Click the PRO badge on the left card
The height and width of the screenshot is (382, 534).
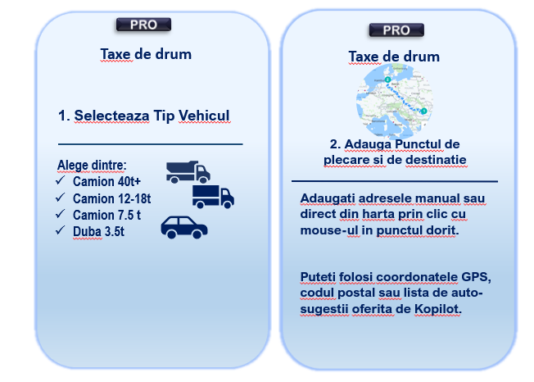(x=143, y=25)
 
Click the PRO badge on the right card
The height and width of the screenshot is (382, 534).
(x=396, y=30)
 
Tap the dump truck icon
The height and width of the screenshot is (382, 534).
(x=188, y=172)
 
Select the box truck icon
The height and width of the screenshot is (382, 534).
(x=213, y=197)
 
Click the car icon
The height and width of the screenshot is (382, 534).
(x=184, y=227)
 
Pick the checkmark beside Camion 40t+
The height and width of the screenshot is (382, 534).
(x=61, y=180)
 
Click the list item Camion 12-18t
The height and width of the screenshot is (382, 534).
(x=111, y=198)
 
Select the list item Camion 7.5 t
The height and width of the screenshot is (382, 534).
(x=106, y=215)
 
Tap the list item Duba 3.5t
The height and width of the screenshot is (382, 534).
(x=98, y=231)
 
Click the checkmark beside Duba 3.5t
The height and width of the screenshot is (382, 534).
(x=61, y=230)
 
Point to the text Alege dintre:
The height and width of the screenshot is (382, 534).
(x=92, y=165)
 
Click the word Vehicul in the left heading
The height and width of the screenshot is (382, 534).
(x=204, y=116)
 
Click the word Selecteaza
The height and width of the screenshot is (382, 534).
(x=111, y=116)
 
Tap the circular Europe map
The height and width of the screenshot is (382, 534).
(x=395, y=102)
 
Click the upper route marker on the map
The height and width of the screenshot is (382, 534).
(x=387, y=80)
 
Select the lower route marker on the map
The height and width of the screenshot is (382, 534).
(x=423, y=111)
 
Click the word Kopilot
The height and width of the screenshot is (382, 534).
(x=437, y=309)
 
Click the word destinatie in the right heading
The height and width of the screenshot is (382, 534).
(x=436, y=160)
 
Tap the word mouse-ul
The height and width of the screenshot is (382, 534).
(x=329, y=230)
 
